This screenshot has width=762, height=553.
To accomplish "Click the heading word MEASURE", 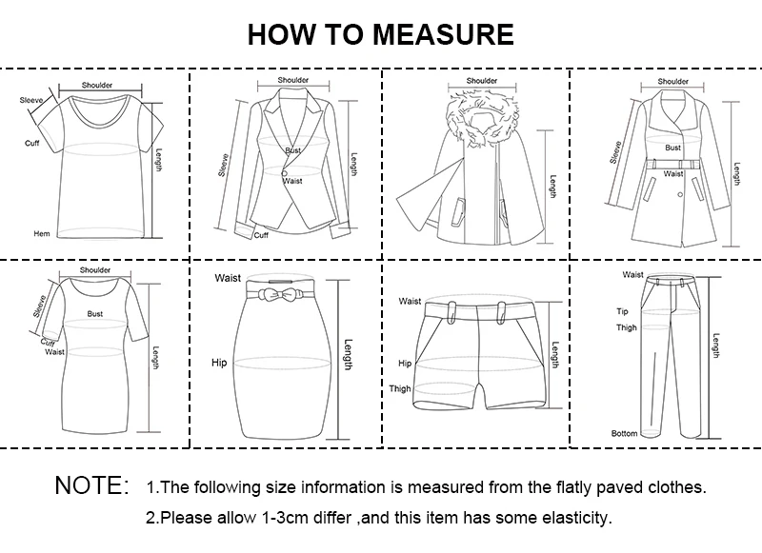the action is pyautogui.click(x=443, y=34).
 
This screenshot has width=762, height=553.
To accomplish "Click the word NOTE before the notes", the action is pyautogui.click(x=91, y=485).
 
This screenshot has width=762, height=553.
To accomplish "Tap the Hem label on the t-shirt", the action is pyautogui.click(x=42, y=233).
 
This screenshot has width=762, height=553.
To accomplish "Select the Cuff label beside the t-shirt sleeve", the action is pyautogui.click(x=32, y=143).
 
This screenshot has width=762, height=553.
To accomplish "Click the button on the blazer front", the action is pyautogui.click(x=284, y=173).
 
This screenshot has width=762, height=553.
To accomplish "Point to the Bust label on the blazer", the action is pyautogui.click(x=293, y=150).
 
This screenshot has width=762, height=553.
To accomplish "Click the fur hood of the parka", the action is pyautogui.click(x=482, y=119).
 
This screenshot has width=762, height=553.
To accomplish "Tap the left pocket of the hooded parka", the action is pyautogui.click(x=458, y=211).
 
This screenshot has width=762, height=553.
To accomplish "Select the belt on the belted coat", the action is pyautogui.click(x=673, y=164).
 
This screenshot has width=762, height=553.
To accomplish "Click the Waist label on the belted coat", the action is pyautogui.click(x=673, y=173).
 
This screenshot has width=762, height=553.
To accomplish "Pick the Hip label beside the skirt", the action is pyautogui.click(x=219, y=363).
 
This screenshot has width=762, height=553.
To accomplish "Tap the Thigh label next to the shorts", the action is pyautogui.click(x=400, y=388).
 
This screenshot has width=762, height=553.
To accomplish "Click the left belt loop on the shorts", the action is pyautogui.click(x=451, y=311).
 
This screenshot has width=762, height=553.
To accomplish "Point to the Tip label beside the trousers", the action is pyautogui.click(x=623, y=311).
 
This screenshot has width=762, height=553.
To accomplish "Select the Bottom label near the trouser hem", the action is pyautogui.click(x=625, y=433).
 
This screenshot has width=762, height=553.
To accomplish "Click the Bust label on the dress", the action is pyautogui.click(x=95, y=314).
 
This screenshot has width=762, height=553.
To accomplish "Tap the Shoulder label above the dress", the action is pyautogui.click(x=95, y=270).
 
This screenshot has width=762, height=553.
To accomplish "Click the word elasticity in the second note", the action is pyautogui.click(x=578, y=518).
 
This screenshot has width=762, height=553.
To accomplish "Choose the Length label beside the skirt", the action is pyautogui.click(x=348, y=354).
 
